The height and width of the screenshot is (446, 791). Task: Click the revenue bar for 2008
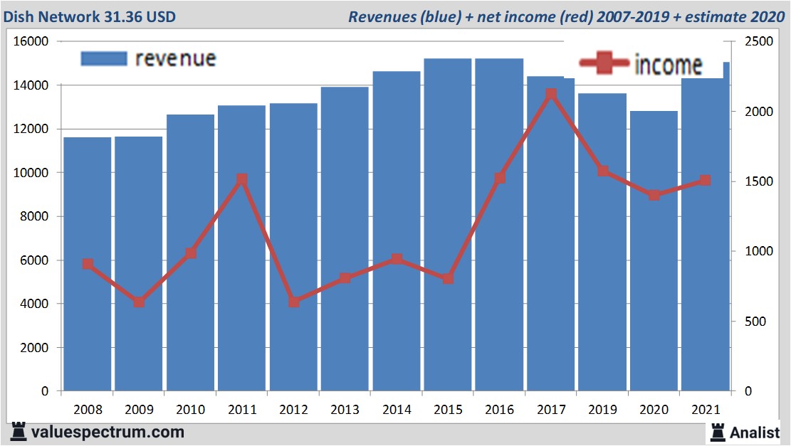pos(88,263)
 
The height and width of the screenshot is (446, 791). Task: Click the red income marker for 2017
pos(551,94)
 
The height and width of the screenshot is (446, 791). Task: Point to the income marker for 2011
pos(242,179)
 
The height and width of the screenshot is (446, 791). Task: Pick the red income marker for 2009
pos(140,302)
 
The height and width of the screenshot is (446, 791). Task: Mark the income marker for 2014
pos(397,260)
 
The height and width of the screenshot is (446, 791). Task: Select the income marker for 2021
pos(705,181)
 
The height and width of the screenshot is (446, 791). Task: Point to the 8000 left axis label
pos(33,216)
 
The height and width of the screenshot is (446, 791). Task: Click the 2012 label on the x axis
pos(293,410)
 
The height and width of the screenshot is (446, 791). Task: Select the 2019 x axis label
pos(602,410)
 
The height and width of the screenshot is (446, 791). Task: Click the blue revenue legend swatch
pos(104,58)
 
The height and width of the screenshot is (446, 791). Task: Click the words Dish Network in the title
pos(47,16)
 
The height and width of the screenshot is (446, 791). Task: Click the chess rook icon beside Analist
pos(717,432)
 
